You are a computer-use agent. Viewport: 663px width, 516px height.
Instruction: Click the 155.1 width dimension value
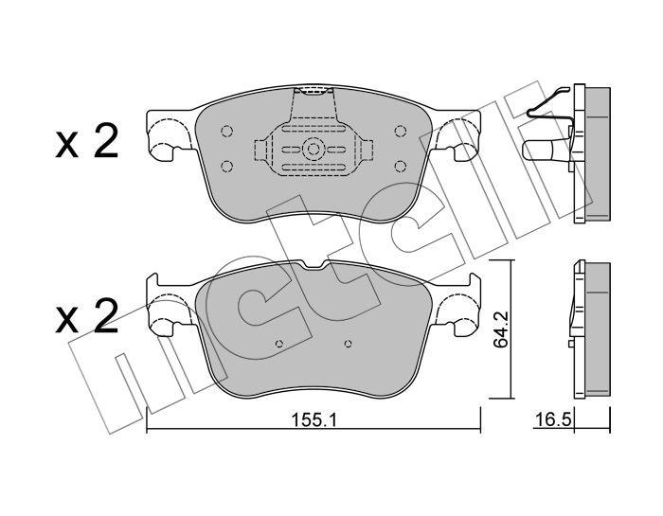[x=314, y=420]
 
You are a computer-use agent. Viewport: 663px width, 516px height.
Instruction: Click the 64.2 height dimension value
[x=500, y=329]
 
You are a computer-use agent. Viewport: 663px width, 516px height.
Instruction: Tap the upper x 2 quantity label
[x=87, y=142]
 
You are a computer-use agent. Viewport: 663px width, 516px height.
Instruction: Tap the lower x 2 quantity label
[x=87, y=315]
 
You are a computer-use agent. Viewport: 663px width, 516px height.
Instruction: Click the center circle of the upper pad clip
[x=314, y=149]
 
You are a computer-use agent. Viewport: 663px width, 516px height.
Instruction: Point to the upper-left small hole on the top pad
[x=226, y=131]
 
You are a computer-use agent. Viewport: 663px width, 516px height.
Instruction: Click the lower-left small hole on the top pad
[x=226, y=166]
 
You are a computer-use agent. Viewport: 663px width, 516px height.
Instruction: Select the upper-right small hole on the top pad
[x=400, y=131]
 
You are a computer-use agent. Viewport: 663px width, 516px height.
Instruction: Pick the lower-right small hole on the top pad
[x=400, y=166]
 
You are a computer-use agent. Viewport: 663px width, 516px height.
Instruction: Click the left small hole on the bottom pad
[x=278, y=344]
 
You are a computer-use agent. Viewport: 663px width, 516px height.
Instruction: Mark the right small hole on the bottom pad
[x=348, y=344]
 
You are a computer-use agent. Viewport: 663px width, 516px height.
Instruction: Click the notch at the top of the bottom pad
[x=314, y=265]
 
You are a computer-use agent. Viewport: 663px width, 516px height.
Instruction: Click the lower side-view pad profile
[x=592, y=330]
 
